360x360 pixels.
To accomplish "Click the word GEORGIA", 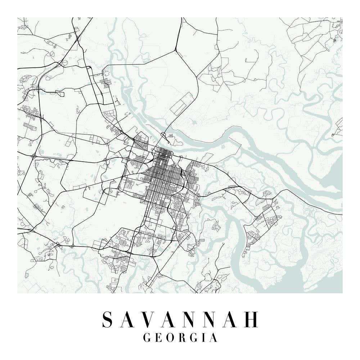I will pyautogui.click(x=180, y=338).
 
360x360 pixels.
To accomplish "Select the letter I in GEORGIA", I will pyautogui.click(x=203, y=338).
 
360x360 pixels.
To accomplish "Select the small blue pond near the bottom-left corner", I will pyautogui.click(x=27, y=275).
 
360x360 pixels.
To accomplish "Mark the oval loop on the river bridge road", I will pyautogui.click(x=164, y=135).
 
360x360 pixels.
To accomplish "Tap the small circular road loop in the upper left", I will pyautogui.click(x=65, y=63).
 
